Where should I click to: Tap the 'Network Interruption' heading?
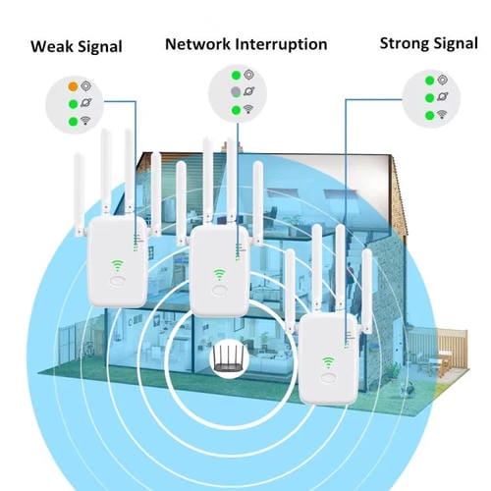[x=245, y=44]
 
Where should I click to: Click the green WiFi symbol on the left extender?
[x=119, y=264]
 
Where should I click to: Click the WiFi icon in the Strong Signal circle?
[x=443, y=115]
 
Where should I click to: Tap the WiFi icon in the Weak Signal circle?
[x=87, y=123]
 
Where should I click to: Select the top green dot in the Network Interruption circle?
[x=236, y=75]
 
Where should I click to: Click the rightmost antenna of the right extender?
[x=367, y=285]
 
